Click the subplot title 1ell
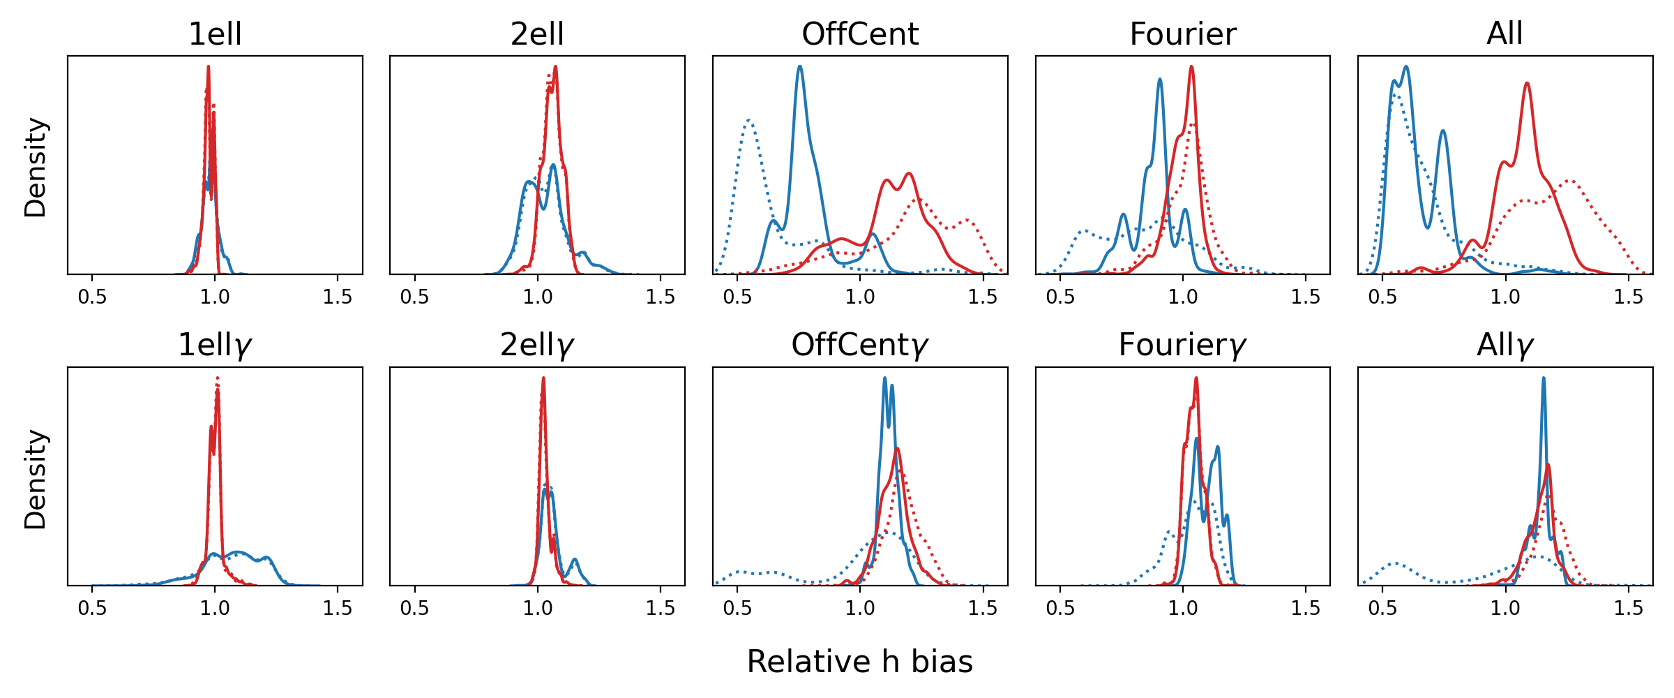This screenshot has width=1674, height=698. (x=215, y=34)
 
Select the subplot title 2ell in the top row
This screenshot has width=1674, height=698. (x=537, y=34)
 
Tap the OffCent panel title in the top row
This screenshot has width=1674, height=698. (x=860, y=34)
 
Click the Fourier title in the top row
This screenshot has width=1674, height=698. (x=1183, y=34)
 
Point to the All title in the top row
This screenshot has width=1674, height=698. (x=1505, y=34)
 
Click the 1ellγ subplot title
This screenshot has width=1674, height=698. (x=215, y=346)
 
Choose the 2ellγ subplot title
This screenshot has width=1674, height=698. (x=537, y=346)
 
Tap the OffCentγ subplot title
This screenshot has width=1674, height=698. (x=860, y=346)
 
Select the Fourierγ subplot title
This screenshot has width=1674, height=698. (x=1183, y=346)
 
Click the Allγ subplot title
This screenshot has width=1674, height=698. (x=1505, y=346)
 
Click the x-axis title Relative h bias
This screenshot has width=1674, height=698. (x=860, y=662)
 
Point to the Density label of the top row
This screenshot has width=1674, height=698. (x=35, y=168)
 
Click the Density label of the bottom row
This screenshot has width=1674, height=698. (x=35, y=479)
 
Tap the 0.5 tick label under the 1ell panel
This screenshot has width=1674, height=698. (x=92, y=297)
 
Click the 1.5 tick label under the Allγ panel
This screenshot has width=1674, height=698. (x=1628, y=608)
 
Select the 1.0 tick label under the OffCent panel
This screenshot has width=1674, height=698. (x=860, y=297)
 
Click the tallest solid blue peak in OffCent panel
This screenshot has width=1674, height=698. (x=799, y=67)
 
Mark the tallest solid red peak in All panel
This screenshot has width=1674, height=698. (x=1527, y=84)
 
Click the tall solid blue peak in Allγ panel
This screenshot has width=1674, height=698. (x=1543, y=378)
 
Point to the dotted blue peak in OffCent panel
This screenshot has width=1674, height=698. (x=748, y=121)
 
